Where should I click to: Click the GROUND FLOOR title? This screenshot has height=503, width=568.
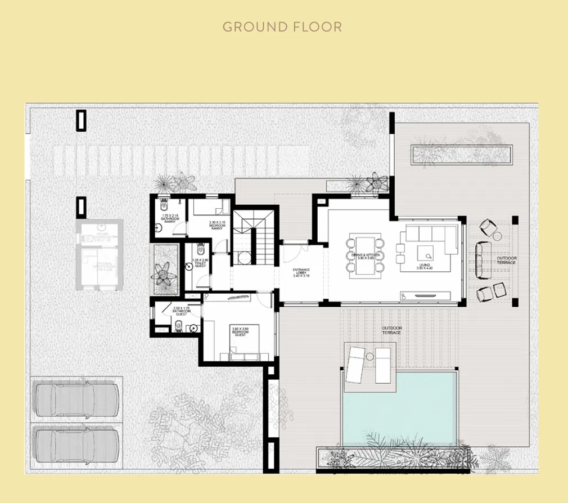(x=282, y=26)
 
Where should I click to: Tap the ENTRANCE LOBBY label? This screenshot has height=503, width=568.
(x=301, y=273)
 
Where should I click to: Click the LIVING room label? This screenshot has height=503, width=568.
(x=425, y=267)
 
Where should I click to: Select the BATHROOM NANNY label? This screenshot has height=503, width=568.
(x=169, y=219)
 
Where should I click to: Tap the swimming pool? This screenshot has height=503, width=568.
(x=399, y=408)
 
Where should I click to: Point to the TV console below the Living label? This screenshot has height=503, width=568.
(x=426, y=296)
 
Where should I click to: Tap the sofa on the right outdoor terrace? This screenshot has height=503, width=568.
(x=481, y=260)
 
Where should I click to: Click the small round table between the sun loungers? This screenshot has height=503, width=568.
(x=370, y=354)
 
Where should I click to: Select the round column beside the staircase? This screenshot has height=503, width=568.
(x=245, y=257)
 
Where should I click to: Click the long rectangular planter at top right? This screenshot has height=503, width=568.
(x=462, y=154)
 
